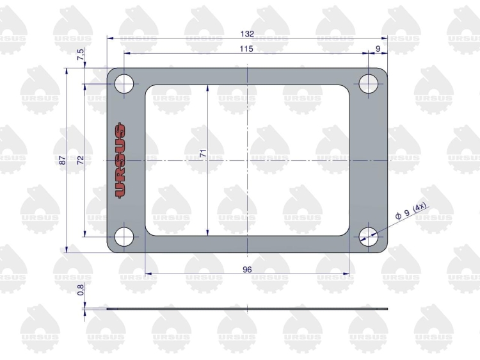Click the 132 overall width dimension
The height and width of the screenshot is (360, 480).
[247, 34]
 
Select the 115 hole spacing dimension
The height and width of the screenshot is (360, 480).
[246, 49]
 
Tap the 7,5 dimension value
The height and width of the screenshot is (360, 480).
[80, 54]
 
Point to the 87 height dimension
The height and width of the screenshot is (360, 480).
[63, 160]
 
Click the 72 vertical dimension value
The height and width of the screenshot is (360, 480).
[81, 160]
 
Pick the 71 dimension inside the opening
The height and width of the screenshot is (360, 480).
[204, 153]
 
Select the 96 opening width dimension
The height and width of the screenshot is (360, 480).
[247, 269]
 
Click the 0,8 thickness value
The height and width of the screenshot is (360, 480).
[81, 290]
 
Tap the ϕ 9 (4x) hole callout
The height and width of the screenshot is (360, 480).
[411, 211]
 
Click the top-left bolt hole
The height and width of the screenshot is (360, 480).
[124, 84]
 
